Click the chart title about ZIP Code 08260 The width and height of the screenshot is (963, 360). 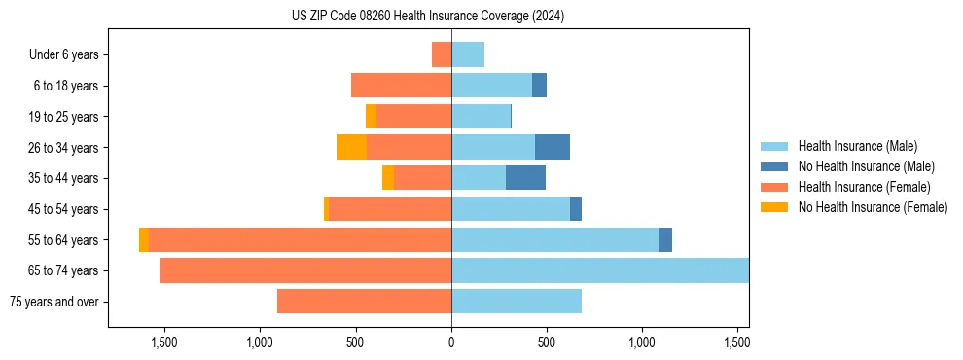pyautogui.click(x=428, y=17)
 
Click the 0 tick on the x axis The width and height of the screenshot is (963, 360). pyautogui.click(x=451, y=342)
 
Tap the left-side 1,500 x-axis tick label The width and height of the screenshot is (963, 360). pyautogui.click(x=163, y=342)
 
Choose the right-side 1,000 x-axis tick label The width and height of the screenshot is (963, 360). pyautogui.click(x=643, y=342)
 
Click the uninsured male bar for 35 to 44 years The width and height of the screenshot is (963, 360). pyautogui.click(x=525, y=178)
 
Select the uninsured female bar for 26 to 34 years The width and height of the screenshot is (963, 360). pyautogui.click(x=351, y=147)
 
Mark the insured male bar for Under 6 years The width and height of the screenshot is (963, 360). pyautogui.click(x=468, y=54)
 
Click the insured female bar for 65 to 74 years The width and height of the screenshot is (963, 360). pyautogui.click(x=305, y=270)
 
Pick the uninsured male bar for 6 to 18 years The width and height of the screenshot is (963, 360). pyautogui.click(x=539, y=86)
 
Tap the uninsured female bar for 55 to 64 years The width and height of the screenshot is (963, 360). pyautogui.click(x=144, y=239)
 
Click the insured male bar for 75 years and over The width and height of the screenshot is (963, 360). pyautogui.click(x=517, y=302)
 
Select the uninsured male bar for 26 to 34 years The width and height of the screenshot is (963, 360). pyautogui.click(x=552, y=147)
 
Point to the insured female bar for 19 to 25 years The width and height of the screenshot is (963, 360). pyautogui.click(x=413, y=117)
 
